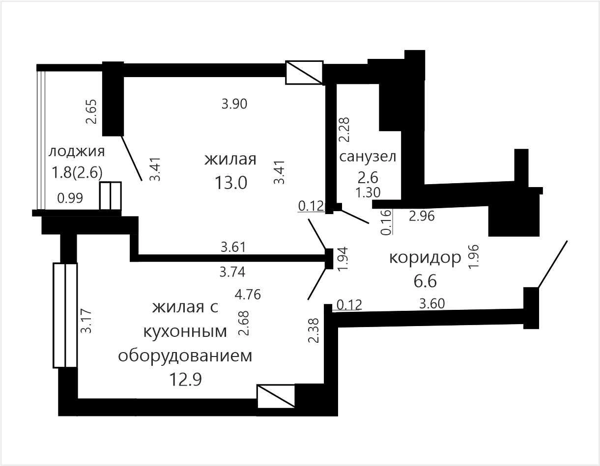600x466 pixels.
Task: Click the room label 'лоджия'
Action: (77, 152)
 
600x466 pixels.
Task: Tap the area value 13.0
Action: (231, 183)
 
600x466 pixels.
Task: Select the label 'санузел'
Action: (368, 157)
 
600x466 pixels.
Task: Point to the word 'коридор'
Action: (425, 258)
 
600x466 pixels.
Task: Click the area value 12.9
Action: (185, 380)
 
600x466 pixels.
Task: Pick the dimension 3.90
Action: (234, 104)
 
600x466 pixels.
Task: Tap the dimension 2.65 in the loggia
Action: (91, 111)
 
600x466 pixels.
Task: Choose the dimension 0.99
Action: (70, 198)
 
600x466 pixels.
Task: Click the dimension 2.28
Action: (344, 130)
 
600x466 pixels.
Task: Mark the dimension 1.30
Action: (368, 192)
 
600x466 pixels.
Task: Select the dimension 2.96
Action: (422, 216)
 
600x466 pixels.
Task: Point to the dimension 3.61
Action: (233, 247)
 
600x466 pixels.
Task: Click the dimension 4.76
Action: (248, 295)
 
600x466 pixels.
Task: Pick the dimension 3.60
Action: (432, 304)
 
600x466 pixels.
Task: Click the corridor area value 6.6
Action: (425, 281)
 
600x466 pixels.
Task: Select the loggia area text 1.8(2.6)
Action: (77, 173)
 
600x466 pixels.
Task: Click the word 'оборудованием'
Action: (185, 356)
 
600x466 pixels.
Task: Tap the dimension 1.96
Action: (474, 256)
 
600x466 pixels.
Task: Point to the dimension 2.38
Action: (314, 331)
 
